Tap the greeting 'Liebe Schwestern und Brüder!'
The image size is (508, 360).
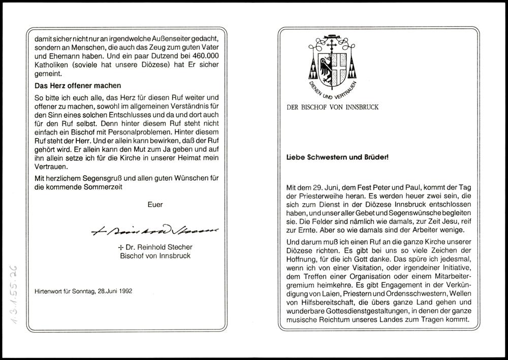[x=337, y=157]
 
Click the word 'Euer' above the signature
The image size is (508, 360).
[x=155, y=205]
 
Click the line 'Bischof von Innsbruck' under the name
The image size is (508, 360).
[x=155, y=256]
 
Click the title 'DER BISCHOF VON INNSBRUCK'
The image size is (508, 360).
[x=332, y=108]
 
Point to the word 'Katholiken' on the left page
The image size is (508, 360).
[x=51, y=65]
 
